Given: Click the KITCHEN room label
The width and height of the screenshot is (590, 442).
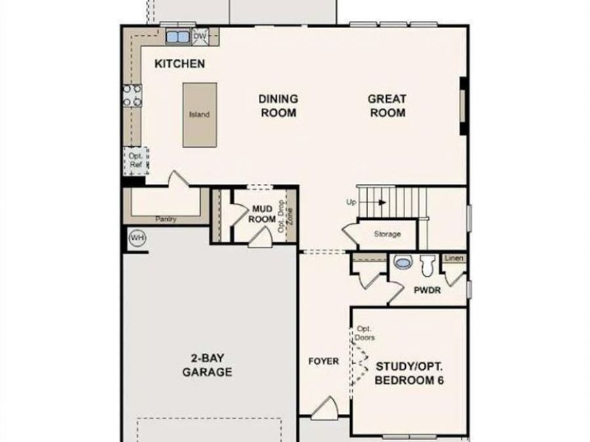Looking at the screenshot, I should coord(179,64).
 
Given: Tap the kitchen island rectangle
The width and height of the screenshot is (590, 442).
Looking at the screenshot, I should coord(199,114).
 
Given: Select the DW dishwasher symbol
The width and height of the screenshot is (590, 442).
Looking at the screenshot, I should coord(200,36).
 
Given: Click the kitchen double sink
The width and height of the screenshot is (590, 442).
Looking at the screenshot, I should coord(177,37).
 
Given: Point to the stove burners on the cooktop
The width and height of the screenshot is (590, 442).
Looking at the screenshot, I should coord(132,96).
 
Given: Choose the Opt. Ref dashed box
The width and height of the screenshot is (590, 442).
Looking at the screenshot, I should coord(136,161).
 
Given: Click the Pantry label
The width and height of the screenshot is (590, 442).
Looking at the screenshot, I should coord(165,219).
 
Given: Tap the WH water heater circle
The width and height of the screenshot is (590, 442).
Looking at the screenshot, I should coord(137,238).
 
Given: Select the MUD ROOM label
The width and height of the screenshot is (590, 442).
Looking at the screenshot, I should coord(262,214).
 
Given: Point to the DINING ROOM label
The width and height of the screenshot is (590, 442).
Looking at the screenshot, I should coord(278,105).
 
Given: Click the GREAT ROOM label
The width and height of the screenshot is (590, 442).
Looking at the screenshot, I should coord(387,105).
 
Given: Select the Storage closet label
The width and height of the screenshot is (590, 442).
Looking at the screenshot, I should coord(387,234).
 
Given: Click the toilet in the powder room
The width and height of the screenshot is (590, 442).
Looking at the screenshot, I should coord(428,265).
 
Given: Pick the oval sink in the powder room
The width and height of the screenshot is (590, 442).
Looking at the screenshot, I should coord(401,264).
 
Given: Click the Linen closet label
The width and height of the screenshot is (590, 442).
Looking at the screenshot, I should coord(454,259).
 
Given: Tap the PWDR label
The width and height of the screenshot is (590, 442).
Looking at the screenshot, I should coord(426,289).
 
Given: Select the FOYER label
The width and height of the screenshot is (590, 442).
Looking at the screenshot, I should coord(324,361).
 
